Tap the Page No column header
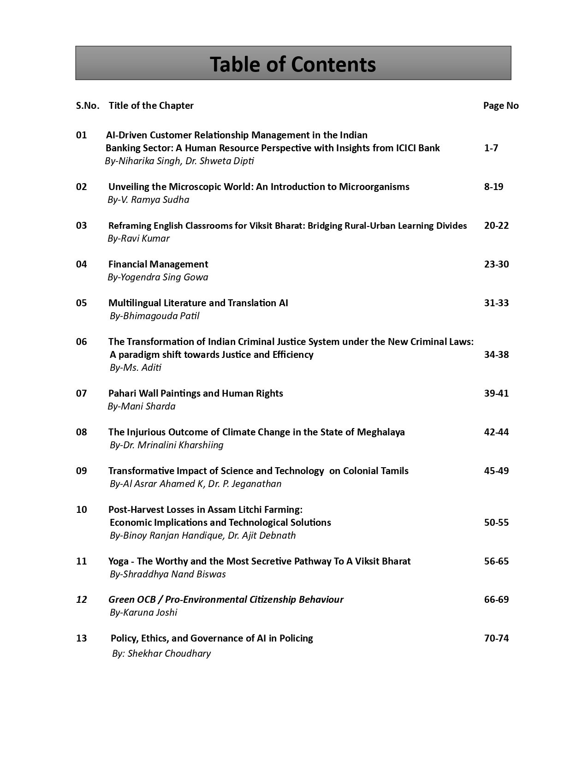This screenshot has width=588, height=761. tap(500, 106)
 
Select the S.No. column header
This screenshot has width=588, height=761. tap(87, 106)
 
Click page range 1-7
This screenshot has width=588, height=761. tap(491, 148)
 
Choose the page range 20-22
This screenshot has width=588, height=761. tap(496, 226)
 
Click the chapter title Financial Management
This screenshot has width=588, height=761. tap(158, 264)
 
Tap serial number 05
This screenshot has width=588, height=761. tap(81, 303)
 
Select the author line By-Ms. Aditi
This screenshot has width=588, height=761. tap(136, 368)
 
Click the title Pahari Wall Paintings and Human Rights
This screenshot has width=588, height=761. tap(196, 393)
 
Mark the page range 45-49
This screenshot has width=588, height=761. tap(496, 471)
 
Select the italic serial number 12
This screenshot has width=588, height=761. tap(81, 600)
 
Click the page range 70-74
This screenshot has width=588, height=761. tap(496, 638)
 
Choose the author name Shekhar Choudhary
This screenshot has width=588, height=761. tap(169, 654)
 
